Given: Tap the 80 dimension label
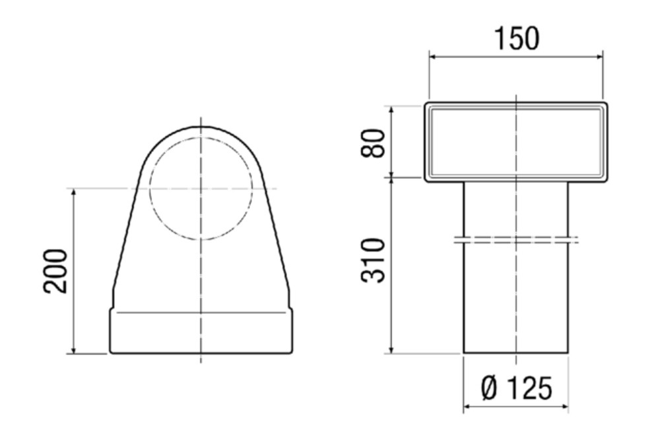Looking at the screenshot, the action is point(374,143).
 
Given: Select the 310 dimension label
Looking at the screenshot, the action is point(374,260).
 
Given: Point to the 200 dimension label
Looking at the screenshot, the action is point(55,271).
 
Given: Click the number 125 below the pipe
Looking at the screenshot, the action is point(528,388).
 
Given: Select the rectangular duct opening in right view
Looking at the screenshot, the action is point(516,142).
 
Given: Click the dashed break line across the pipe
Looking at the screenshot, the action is point(516,239).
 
